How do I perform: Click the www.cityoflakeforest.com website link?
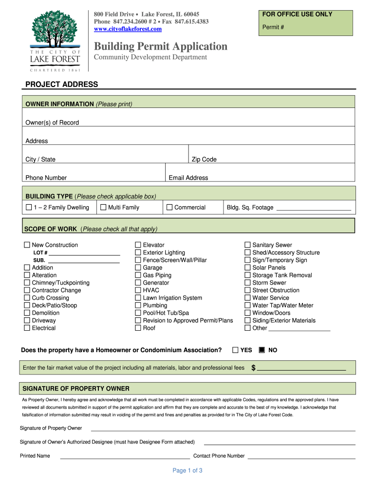(128, 29)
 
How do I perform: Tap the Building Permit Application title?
(161, 47)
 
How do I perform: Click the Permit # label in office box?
(274, 27)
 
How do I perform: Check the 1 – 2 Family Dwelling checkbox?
(28, 208)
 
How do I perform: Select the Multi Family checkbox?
(103, 208)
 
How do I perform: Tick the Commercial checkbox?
(169, 208)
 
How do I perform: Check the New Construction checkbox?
(27, 245)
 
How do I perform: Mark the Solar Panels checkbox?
(247, 267)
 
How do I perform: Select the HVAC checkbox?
(138, 290)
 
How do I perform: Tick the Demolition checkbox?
(27, 313)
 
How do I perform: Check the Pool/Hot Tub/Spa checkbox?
(138, 313)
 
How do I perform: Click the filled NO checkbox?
(262, 350)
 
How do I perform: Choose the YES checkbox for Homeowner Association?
(235, 350)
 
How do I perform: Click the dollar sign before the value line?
(253, 368)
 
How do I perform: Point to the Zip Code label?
(204, 160)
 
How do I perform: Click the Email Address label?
(188, 178)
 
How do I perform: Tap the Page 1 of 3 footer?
(187, 470)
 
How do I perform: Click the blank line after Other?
(299, 329)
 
